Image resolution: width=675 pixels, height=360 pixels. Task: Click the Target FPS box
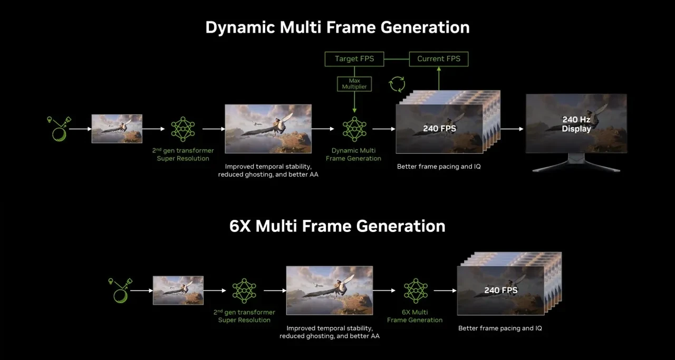coord(354,59)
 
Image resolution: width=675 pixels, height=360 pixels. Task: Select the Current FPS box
coord(439,59)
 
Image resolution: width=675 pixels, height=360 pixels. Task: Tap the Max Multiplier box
coord(354,83)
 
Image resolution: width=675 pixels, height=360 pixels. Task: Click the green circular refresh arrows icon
coord(397,84)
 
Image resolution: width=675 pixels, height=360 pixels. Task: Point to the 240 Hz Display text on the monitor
coord(576,124)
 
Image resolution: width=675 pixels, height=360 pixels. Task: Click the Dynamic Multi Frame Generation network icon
coord(353,129)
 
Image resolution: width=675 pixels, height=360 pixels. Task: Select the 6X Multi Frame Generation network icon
coord(415,290)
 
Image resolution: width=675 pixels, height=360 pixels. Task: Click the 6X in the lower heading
coord(242,226)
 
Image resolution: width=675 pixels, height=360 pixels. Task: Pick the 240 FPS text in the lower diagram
coord(501,290)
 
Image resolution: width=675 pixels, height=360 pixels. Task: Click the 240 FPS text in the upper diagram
coord(439,128)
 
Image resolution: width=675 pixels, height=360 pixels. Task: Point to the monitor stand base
coord(576,168)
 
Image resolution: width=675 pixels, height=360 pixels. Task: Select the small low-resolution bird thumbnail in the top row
coord(117,129)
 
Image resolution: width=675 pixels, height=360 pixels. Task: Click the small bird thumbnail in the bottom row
coord(178,290)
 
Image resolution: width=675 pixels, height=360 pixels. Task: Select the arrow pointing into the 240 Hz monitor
coord(512,129)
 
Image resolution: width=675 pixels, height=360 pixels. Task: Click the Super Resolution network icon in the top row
coord(183,129)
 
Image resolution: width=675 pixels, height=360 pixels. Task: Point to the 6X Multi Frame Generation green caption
coord(415,316)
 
